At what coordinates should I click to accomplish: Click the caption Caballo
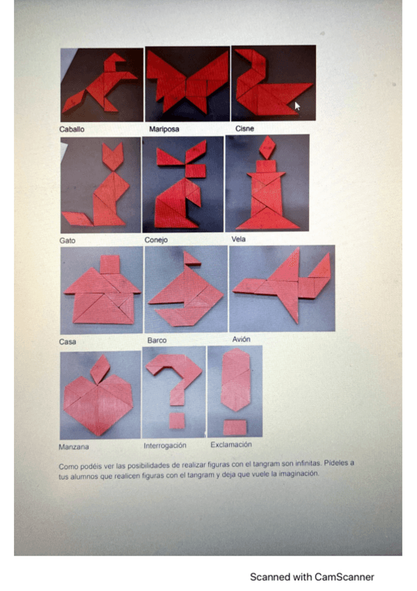72,130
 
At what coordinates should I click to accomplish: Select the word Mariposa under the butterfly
164,130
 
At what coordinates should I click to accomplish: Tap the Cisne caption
244,128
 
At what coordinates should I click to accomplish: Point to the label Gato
68,240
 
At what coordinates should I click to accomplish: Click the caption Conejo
156,240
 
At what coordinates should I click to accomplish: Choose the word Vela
239,239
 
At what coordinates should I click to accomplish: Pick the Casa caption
68,342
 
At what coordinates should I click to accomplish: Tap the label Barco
157,340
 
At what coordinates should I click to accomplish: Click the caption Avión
242,339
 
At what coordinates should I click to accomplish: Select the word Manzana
74,447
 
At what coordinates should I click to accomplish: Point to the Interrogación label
165,446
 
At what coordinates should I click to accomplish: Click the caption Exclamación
231,445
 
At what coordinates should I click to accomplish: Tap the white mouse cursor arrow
297,106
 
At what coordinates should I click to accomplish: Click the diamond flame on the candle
267,147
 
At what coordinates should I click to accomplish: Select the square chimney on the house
110,264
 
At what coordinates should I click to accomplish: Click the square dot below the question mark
177,421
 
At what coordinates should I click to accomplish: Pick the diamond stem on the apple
100,369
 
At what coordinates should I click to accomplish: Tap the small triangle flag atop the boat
192,259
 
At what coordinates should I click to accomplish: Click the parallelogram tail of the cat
77,219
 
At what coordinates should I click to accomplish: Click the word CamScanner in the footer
345,577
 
